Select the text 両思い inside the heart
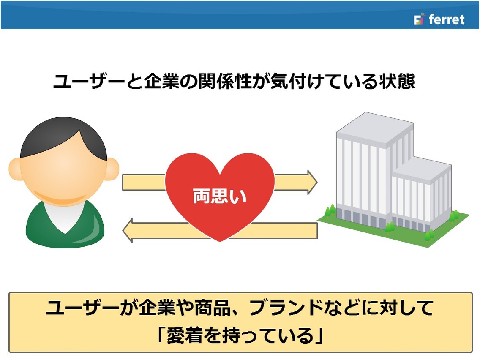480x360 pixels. tap(219, 196)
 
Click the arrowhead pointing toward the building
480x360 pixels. tap(312, 183)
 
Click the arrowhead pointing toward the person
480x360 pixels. tap(128, 231)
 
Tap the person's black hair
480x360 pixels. tap(63, 138)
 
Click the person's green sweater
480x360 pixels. tap(65, 226)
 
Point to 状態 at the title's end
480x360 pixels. tap(397, 82)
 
